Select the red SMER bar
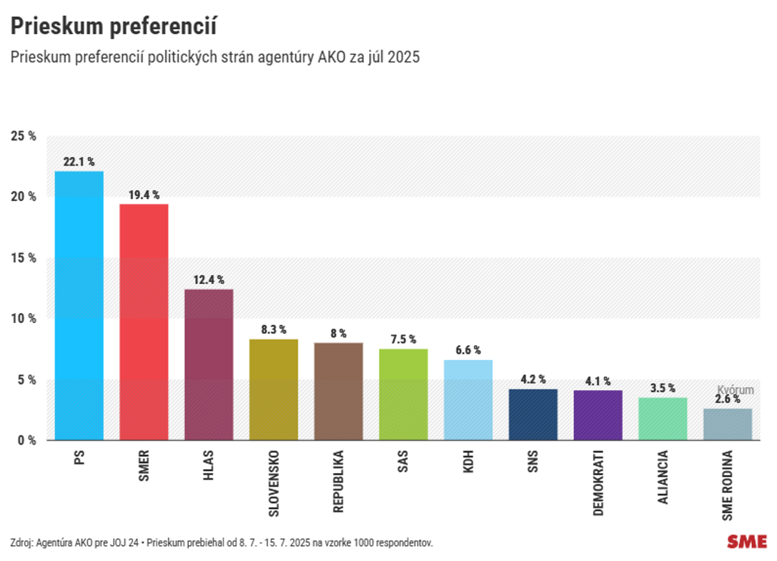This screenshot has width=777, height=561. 144,322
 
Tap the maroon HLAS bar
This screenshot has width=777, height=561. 208,364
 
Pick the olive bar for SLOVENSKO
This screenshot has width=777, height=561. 273,390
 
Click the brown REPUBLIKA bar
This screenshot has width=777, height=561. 338,391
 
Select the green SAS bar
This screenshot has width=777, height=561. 403,395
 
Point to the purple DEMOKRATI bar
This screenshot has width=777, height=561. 598,415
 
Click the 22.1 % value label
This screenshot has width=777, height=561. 79,162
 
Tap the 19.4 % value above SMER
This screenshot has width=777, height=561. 144,195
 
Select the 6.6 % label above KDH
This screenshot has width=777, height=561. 467,350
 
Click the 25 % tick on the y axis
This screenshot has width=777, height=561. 23,137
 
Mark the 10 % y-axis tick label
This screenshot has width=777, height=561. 23,319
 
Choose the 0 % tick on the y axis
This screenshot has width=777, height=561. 25,441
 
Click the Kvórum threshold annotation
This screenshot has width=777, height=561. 736,390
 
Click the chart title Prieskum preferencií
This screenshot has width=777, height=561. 113,27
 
